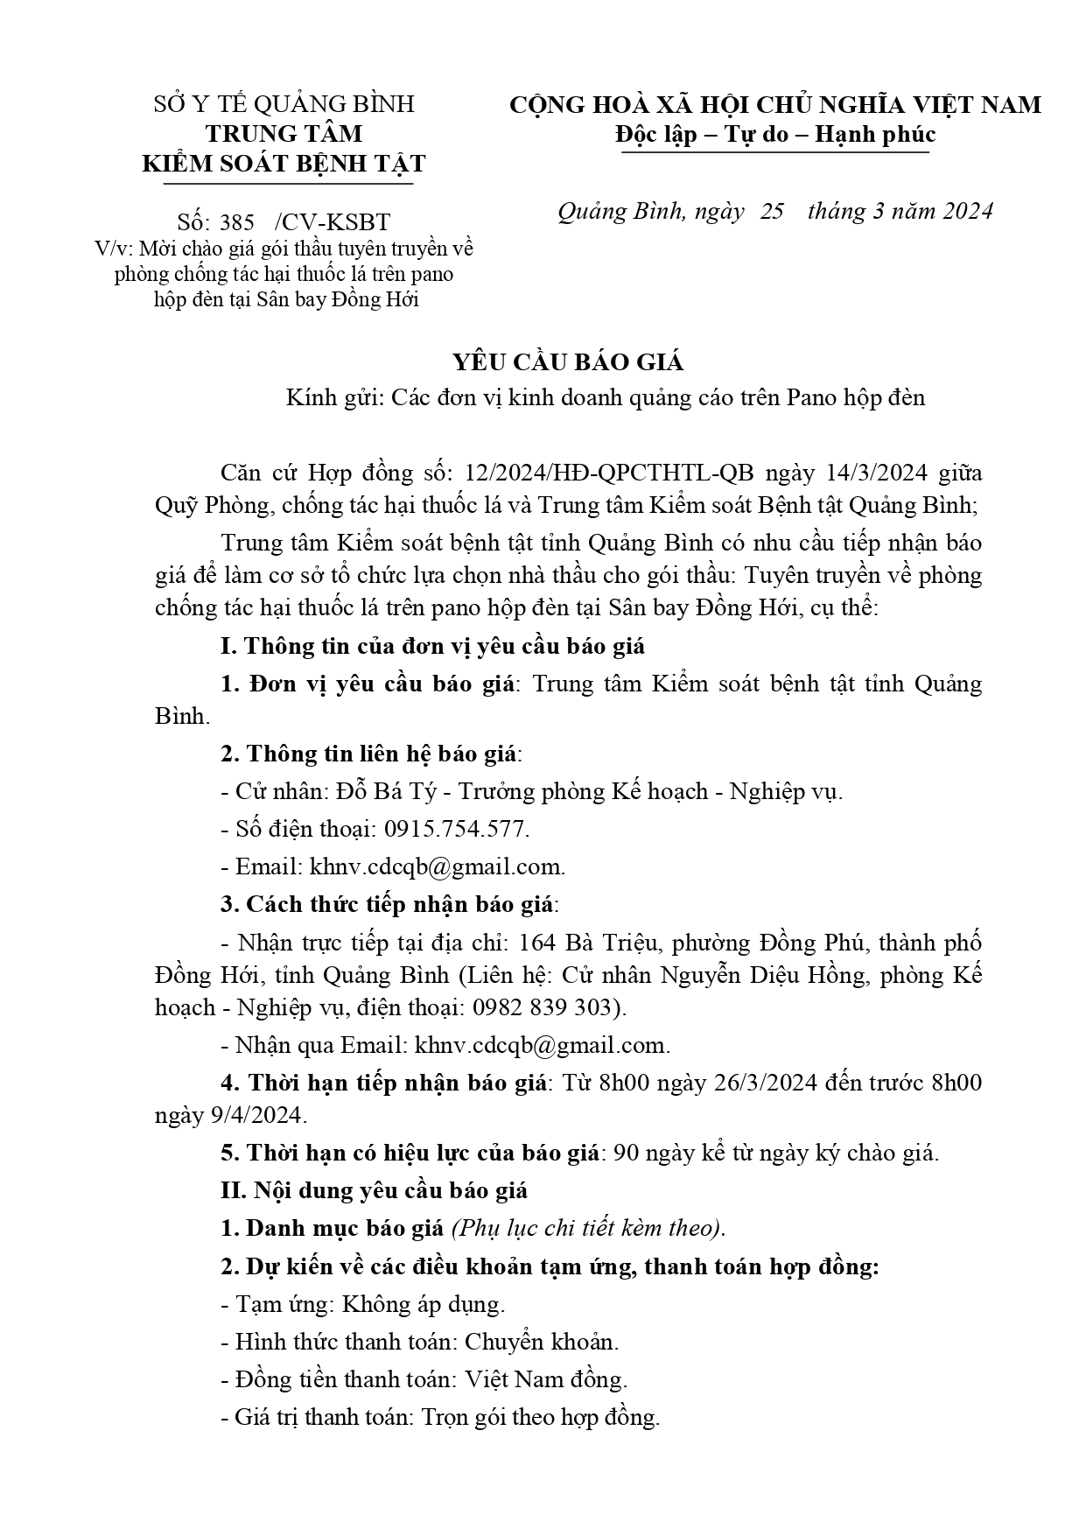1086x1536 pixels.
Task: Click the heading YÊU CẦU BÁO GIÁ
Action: pos(543,362)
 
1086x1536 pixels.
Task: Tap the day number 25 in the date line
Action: pos(772,212)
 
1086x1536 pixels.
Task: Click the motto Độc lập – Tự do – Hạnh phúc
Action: pos(774,134)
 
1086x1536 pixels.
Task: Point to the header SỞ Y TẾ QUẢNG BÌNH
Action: pos(284,105)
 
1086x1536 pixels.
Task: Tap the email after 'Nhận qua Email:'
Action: pos(542,1045)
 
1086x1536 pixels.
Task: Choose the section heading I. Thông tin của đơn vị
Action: pos(433,647)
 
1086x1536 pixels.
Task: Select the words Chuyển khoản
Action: pos(541,1342)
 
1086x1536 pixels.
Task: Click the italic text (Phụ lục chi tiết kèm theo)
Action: pos(588,1228)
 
